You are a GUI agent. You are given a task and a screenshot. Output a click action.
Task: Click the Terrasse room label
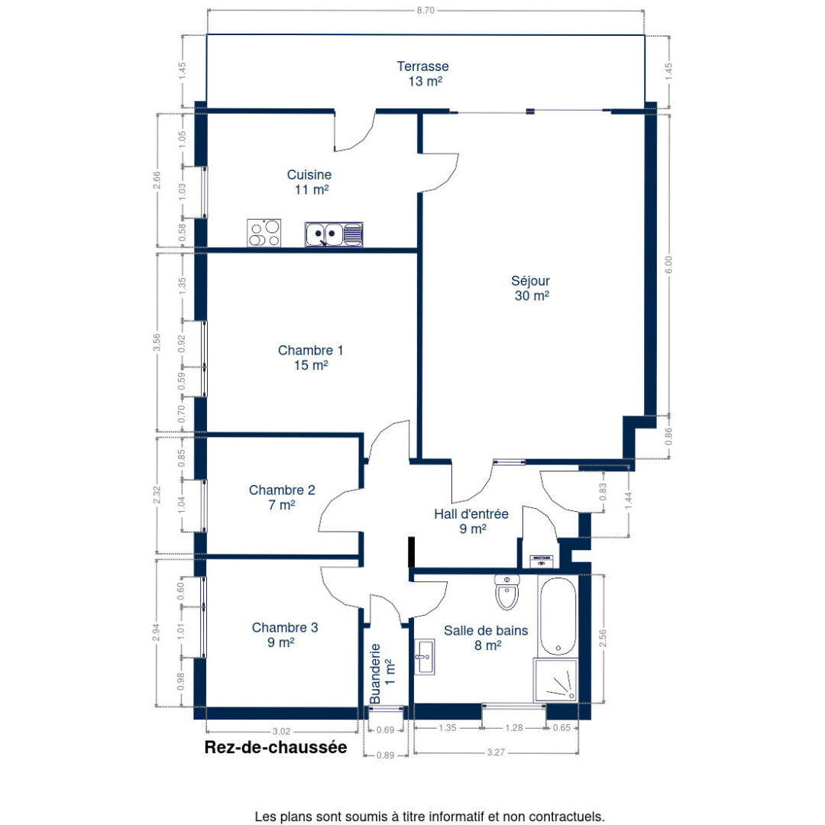pyautogui.click(x=422, y=73)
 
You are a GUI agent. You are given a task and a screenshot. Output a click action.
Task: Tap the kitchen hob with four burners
pyautogui.click(x=264, y=233)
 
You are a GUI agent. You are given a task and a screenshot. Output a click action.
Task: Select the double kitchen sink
pyautogui.click(x=334, y=234)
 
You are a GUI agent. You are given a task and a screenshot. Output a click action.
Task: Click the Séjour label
pyautogui.click(x=532, y=288)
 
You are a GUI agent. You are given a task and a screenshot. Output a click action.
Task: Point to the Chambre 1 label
pyautogui.click(x=310, y=357)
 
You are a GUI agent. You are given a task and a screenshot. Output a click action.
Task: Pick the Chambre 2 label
pyautogui.click(x=282, y=497)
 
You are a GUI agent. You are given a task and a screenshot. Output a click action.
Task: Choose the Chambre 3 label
pyautogui.click(x=285, y=635)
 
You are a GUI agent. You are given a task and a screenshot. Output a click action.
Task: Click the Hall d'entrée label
pyautogui.click(x=471, y=521)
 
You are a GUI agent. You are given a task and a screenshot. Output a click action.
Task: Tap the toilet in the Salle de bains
pyautogui.click(x=506, y=592)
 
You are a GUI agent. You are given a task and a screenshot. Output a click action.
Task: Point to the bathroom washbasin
pyautogui.click(x=425, y=657)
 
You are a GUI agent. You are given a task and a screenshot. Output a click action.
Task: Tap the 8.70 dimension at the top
pyautogui.click(x=425, y=11)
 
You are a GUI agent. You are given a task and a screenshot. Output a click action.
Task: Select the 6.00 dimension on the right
pyautogui.click(x=669, y=264)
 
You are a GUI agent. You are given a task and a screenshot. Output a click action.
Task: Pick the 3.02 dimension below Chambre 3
pyautogui.click(x=282, y=730)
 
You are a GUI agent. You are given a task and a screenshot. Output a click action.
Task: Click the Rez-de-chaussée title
pyautogui.click(x=275, y=748)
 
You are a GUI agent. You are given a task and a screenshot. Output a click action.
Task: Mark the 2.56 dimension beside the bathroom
pyautogui.click(x=603, y=638)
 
